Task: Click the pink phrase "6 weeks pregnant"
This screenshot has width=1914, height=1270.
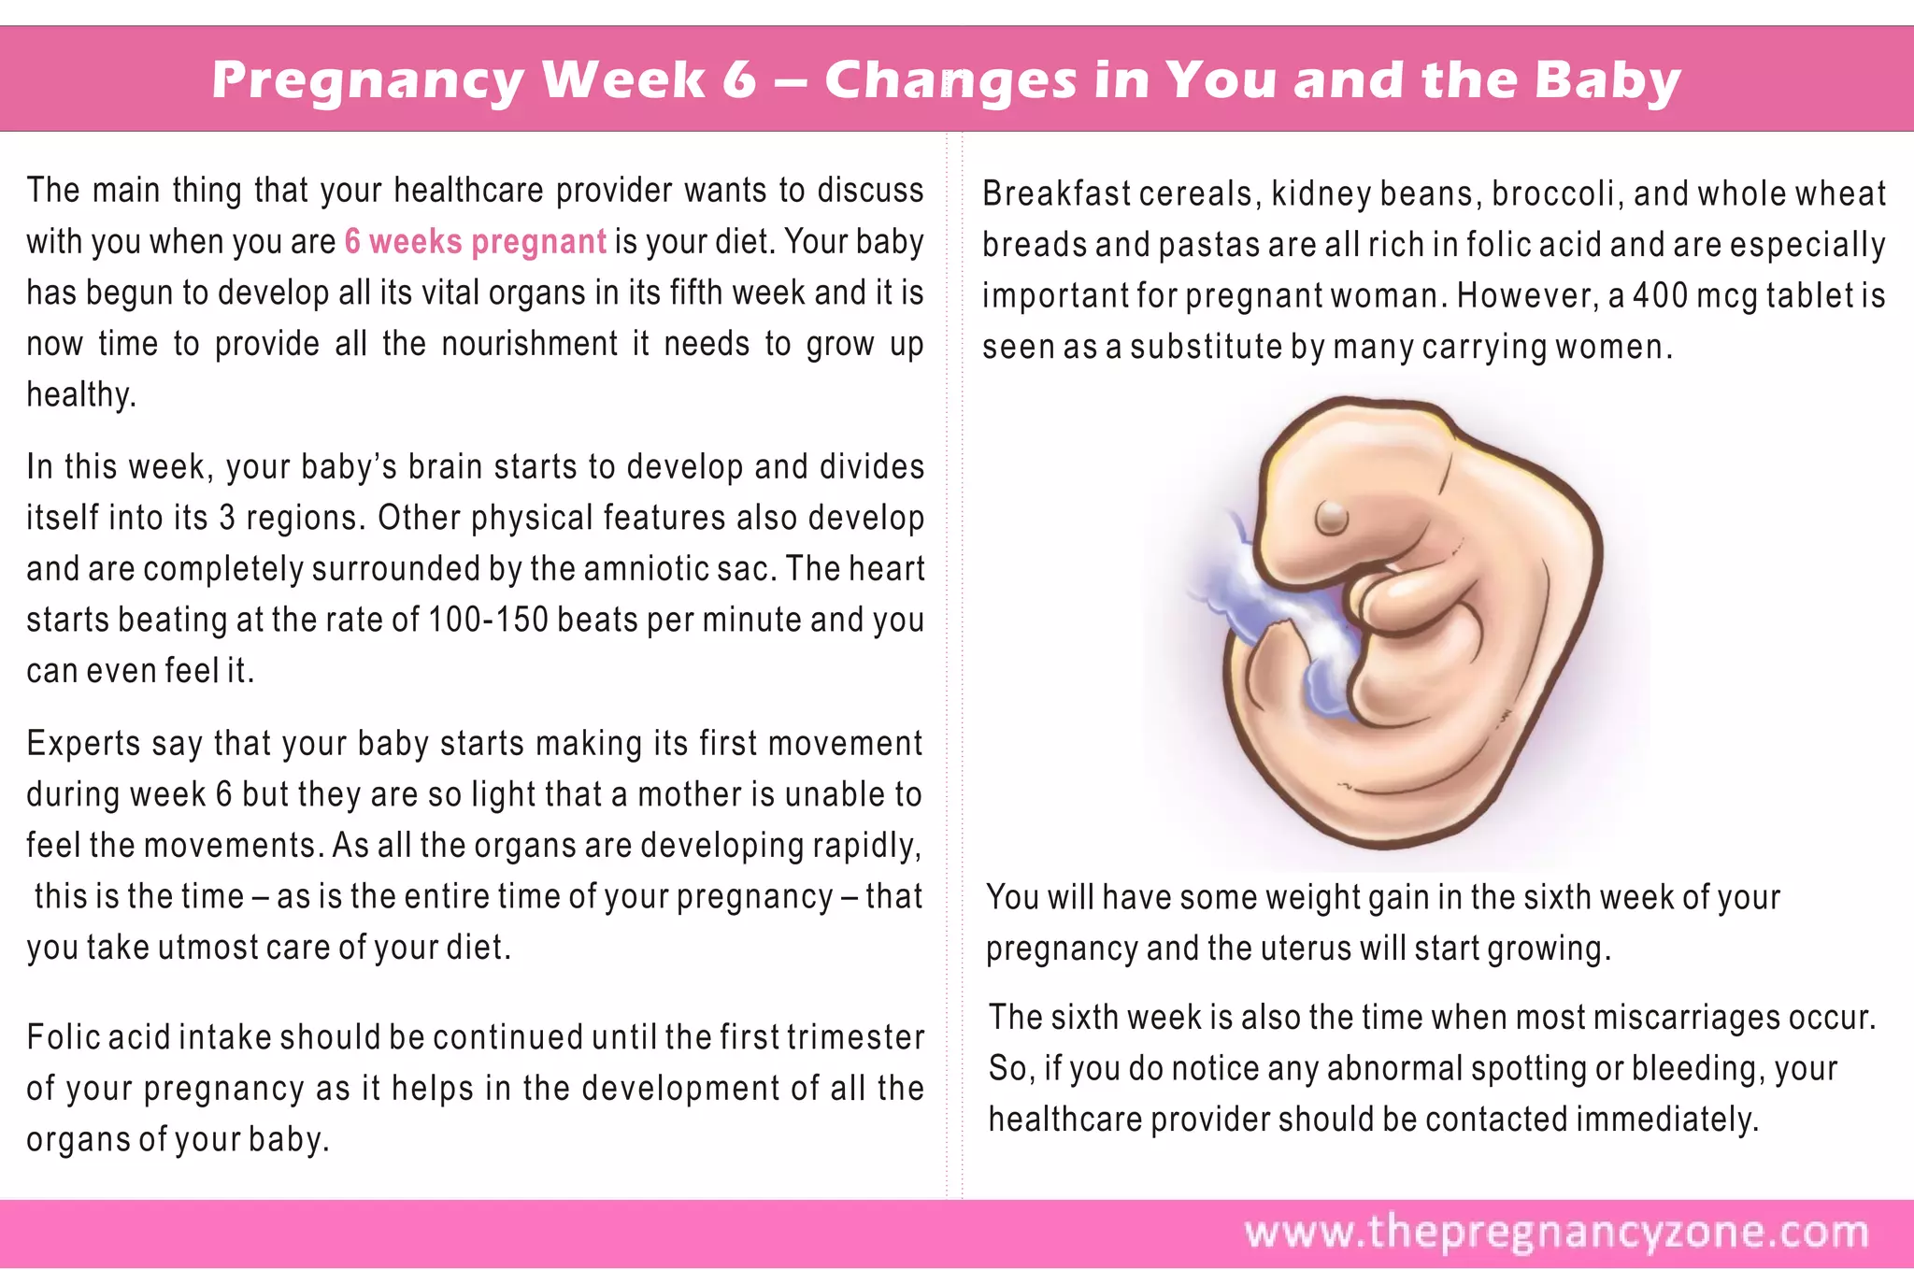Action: click(476, 242)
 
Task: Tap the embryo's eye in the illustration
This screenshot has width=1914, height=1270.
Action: click(1331, 516)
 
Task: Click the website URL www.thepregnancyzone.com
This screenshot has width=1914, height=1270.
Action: click(1556, 1233)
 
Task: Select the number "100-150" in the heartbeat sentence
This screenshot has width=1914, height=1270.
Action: click(488, 621)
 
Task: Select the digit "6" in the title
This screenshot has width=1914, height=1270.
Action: click(739, 80)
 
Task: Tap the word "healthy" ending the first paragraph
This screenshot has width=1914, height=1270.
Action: click(80, 395)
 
